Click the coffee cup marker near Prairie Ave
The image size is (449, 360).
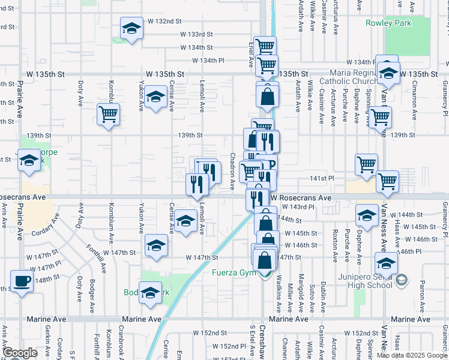[x=22, y=280]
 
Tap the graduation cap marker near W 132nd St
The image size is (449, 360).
[x=131, y=28]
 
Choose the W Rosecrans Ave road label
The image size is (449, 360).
[x=300, y=197]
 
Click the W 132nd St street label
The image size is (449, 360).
[x=164, y=21]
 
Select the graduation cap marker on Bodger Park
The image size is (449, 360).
[x=151, y=292]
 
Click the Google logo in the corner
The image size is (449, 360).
[x=20, y=353]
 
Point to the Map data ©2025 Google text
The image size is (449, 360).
[x=411, y=355]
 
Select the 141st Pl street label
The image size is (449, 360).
[x=322, y=179]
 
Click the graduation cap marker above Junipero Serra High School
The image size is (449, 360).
[x=386, y=262]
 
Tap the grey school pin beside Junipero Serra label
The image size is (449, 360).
[x=402, y=279]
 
